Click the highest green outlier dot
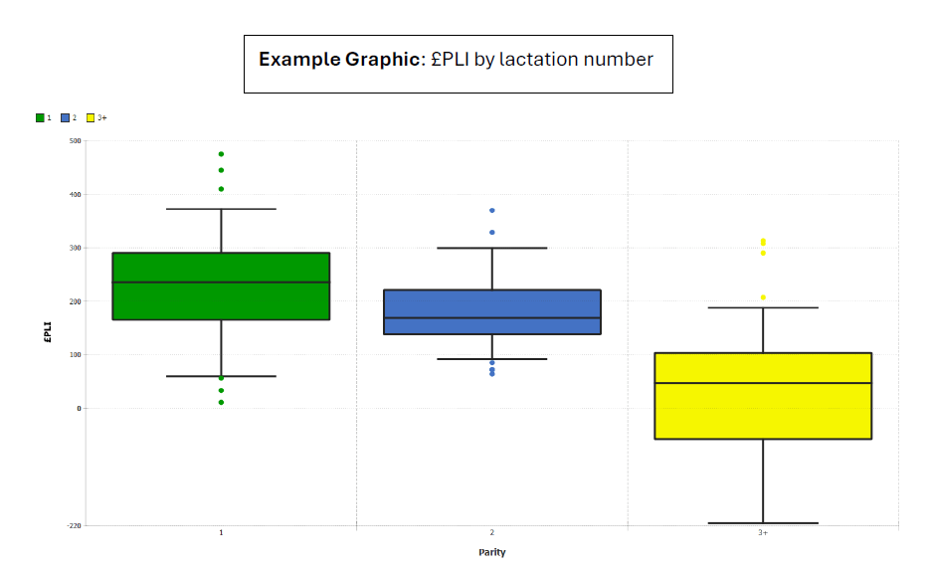[221, 154]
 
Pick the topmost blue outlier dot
[492, 211]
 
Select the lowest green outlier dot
[221, 402]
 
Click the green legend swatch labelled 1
[40, 117]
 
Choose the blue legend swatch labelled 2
[66, 117]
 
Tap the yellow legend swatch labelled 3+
[91, 117]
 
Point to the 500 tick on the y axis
[76, 140]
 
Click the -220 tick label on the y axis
[75, 524]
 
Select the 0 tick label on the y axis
[79, 408]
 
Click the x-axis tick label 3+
[763, 533]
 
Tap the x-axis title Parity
[491, 553]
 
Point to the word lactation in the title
[541, 60]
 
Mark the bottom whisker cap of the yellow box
[763, 523]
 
